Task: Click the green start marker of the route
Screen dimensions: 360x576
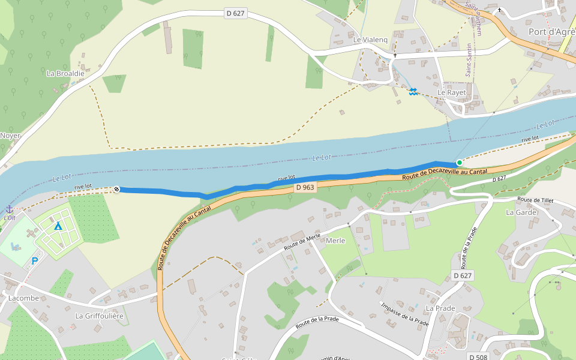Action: pos(460,163)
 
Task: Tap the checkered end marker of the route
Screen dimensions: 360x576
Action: pos(116,190)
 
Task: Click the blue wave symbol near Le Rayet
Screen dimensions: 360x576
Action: pos(413,92)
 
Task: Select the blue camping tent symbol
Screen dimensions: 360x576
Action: pos(58,226)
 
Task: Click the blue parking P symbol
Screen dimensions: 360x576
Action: pos(35,261)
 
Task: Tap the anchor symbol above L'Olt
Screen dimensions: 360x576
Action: pos(10,208)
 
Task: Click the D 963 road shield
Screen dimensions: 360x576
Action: pos(305,188)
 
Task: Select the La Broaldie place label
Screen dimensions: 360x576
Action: pos(65,73)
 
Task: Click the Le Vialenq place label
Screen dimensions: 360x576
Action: pos(370,40)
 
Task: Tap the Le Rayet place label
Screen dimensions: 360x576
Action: pos(451,92)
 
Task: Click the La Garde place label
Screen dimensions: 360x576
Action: pos(521,212)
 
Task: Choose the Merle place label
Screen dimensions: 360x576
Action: pos(335,241)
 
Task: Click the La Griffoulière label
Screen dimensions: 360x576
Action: pos(99,316)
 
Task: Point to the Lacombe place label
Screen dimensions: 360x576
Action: pos(23,298)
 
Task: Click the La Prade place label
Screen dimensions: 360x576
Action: pos(440,308)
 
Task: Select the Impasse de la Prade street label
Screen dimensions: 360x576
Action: pos(405,314)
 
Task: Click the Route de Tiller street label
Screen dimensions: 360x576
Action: pos(535,200)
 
